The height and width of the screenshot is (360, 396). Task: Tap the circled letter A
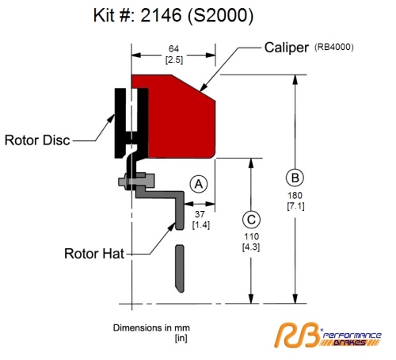199,184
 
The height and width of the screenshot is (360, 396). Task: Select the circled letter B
295,178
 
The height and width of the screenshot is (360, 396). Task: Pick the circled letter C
251,220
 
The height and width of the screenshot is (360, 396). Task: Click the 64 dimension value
173,48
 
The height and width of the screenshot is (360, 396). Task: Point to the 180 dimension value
295,196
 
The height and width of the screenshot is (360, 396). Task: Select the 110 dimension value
251,236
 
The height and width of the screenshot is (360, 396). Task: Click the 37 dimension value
200,214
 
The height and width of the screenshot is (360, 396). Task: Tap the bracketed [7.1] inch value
295,206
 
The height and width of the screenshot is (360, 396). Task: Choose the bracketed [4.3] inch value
251,247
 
